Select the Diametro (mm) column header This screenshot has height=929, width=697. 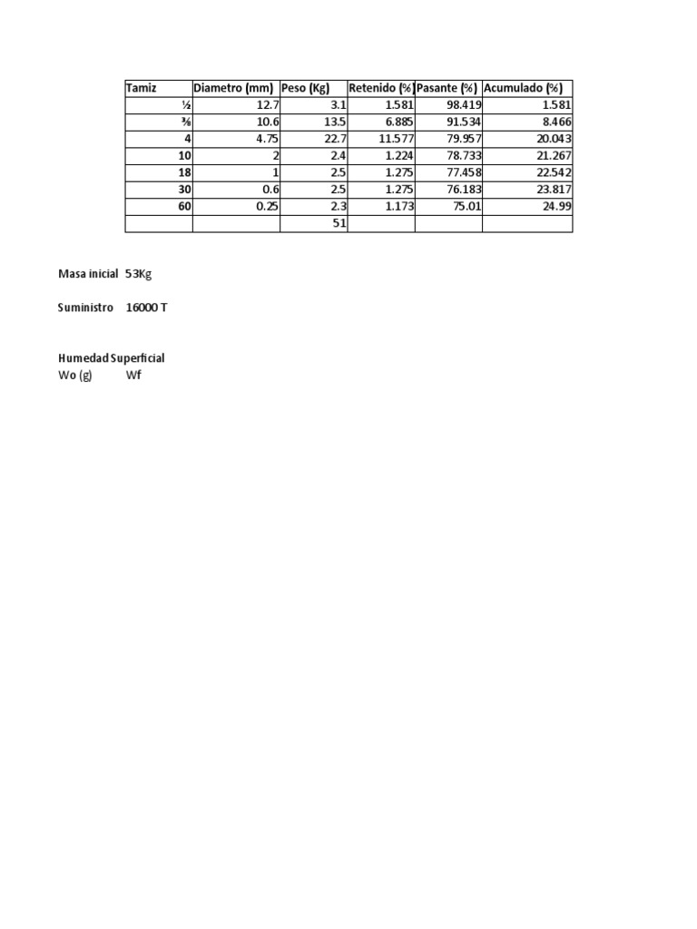233,88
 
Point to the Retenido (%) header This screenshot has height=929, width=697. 381,88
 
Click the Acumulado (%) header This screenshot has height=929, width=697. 524,88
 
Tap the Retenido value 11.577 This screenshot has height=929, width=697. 393,139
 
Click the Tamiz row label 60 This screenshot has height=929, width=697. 184,207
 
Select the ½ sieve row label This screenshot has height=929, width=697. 186,105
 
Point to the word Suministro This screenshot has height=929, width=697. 85,308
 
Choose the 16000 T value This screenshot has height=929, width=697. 146,308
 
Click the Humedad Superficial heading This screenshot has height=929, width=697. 111,358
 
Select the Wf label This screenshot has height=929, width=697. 133,375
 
